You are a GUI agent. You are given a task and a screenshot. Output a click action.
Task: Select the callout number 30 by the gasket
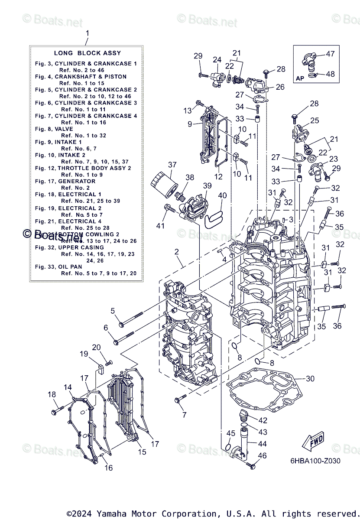pyautogui.click(x=310, y=378)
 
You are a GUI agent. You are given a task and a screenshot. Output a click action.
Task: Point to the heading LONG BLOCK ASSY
pyautogui.click(x=87, y=53)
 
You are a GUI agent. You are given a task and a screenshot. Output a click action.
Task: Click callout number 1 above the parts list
pyautogui.click(x=87, y=33)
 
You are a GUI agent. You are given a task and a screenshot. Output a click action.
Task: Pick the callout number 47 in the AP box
pyautogui.click(x=330, y=54)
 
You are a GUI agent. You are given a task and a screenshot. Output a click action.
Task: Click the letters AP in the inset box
pyautogui.click(x=300, y=78)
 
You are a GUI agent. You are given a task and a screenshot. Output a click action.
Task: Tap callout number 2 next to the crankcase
pyautogui.click(x=177, y=251)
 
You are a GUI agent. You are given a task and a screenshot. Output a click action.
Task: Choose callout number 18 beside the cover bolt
pyautogui.click(x=52, y=394)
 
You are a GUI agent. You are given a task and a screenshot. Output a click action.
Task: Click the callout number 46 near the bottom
pyautogui.click(x=262, y=455)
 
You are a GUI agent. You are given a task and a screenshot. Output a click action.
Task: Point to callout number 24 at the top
pyautogui.click(x=217, y=59)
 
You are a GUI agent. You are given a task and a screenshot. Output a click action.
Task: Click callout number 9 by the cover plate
pyautogui.click(x=190, y=124)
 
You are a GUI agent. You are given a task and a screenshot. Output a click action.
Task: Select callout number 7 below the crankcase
pyautogui.click(x=184, y=415)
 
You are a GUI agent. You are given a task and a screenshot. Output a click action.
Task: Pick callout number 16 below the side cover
pyautogui.click(x=108, y=468)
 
